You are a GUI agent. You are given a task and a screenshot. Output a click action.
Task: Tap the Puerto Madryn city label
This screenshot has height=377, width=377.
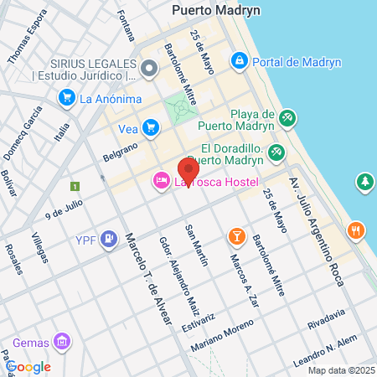[x=216, y=11]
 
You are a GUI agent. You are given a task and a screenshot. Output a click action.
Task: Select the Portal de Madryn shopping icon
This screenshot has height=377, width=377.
[x=240, y=60]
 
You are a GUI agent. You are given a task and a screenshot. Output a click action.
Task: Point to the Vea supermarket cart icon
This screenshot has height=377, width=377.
[x=151, y=127]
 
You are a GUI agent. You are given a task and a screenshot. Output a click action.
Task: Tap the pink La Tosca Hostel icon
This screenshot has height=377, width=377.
[x=160, y=182]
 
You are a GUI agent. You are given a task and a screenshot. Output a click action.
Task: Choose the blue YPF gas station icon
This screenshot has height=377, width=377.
[x=108, y=240]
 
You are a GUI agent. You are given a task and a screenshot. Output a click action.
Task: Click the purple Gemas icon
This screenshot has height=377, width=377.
[x=60, y=341]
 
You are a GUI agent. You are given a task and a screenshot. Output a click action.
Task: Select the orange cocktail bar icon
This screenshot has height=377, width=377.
[x=237, y=237]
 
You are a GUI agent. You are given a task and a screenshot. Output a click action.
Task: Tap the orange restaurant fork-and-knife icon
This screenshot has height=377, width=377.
[x=357, y=230]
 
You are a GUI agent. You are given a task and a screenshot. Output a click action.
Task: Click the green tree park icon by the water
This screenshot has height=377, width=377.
[x=364, y=181]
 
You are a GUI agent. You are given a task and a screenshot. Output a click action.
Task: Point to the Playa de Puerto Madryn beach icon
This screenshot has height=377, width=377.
[x=287, y=117]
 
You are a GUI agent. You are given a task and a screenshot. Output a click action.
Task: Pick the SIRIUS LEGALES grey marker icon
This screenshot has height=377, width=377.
[x=149, y=68]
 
